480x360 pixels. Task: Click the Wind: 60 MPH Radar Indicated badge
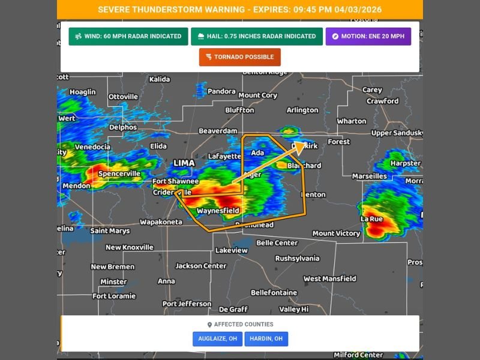128,37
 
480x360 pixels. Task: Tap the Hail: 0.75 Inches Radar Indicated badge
256,37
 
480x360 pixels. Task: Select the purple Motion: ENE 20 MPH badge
368,37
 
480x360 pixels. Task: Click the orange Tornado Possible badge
240,57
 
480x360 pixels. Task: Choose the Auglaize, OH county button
217,339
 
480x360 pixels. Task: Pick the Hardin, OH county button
266,339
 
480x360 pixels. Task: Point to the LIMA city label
184,163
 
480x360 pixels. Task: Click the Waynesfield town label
218,211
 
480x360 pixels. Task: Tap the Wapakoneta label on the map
161,222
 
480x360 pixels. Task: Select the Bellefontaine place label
274,293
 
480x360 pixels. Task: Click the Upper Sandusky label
397,133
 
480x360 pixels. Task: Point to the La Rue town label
371,220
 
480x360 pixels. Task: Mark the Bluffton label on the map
239,110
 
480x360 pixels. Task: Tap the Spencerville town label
119,174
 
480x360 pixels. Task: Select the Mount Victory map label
336,233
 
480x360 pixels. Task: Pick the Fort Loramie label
116,296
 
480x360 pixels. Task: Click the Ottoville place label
123,97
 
